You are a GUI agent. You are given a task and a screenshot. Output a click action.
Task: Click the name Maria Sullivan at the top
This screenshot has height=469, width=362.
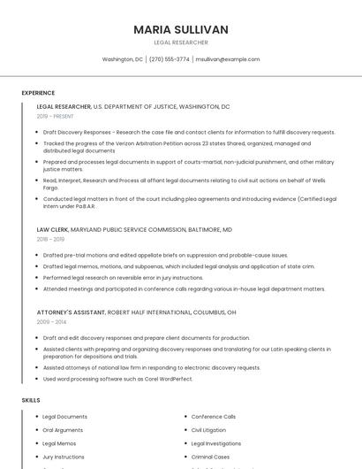tap(181, 29)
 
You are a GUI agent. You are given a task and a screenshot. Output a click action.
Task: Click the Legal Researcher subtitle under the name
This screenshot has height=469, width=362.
tap(181, 42)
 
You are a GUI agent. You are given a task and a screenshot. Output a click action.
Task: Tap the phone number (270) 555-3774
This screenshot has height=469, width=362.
tap(169, 59)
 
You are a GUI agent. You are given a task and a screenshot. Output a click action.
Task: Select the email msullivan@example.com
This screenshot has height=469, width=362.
tap(228, 59)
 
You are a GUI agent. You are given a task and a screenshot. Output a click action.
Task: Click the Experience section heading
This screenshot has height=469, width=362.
tap(38, 93)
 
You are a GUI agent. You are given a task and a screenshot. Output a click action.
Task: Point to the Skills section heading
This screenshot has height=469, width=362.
tap(31, 400)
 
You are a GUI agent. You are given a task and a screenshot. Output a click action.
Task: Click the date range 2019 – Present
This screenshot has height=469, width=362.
tap(56, 116)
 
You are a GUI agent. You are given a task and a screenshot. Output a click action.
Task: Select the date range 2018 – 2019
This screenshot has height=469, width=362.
tap(50, 239)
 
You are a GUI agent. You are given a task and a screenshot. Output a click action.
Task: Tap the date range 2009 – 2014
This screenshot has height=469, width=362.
tap(50, 322)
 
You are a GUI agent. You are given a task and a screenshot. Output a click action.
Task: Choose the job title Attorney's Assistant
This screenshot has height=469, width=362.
tap(71, 312)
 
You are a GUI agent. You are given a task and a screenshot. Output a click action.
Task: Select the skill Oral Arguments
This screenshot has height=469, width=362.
tap(64, 430)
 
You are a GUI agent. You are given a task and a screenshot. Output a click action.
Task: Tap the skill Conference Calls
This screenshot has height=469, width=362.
tap(214, 417)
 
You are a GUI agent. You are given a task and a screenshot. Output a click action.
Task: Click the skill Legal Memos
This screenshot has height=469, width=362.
tap(59, 443)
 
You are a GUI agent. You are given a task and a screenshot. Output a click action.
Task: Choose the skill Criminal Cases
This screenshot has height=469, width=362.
tap(212, 457)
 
